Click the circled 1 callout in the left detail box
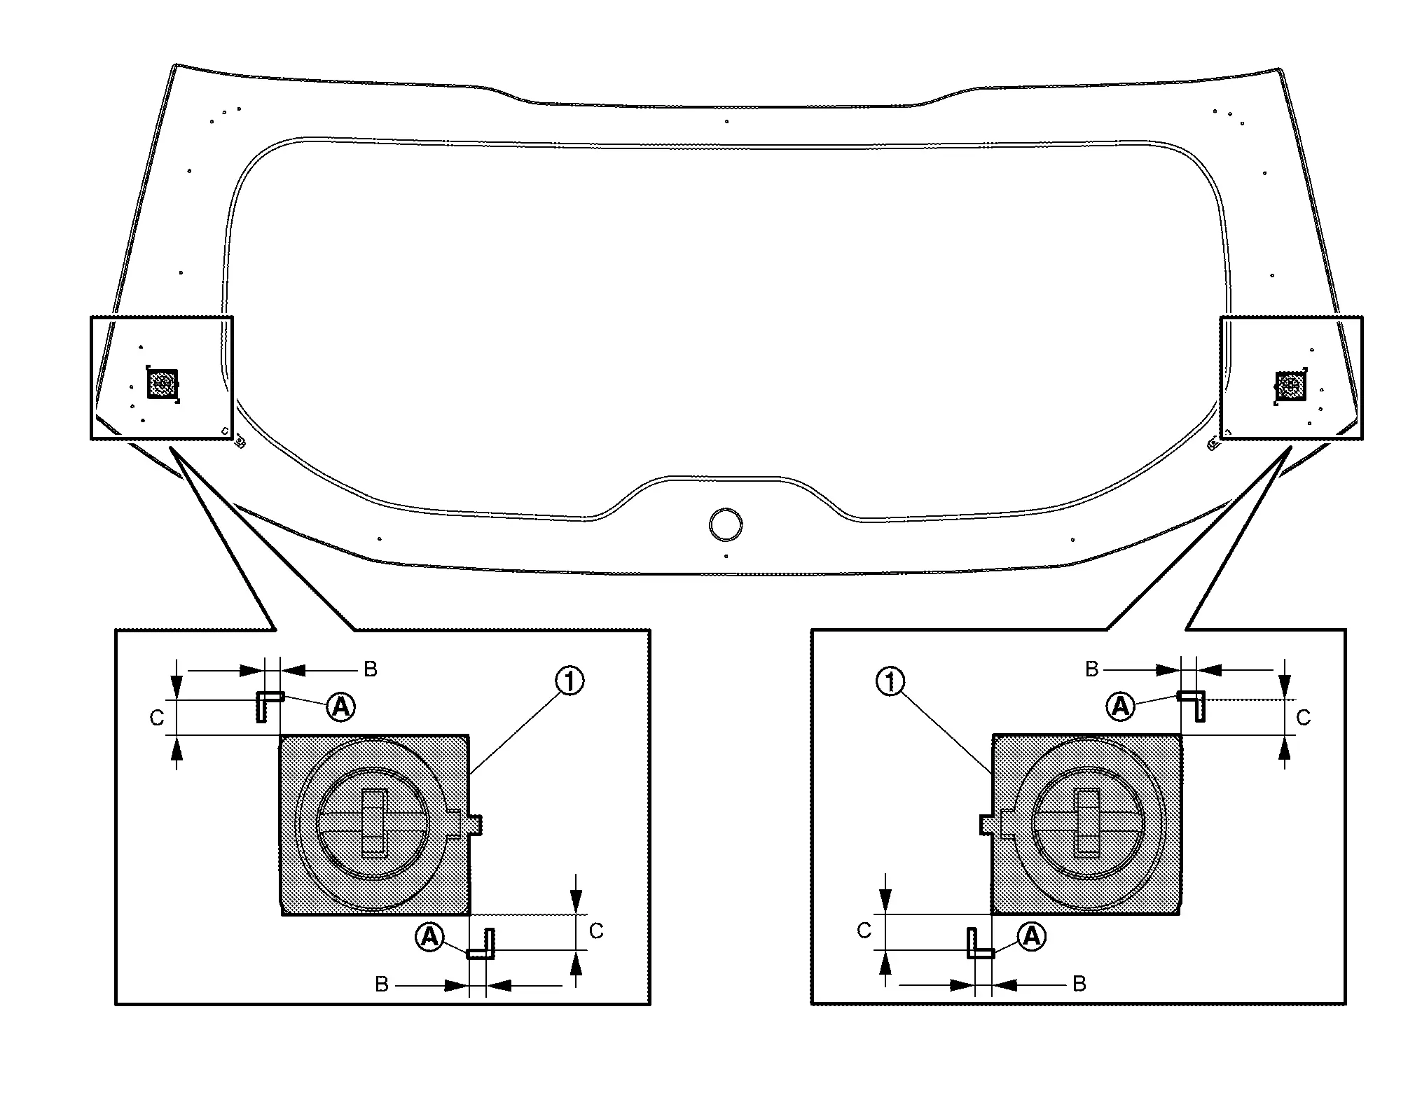click(x=569, y=681)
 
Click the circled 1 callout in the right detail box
click(x=890, y=681)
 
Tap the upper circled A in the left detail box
click(x=341, y=707)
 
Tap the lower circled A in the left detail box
click(x=429, y=936)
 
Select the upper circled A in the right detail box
click(x=1120, y=706)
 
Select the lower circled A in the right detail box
click(x=1031, y=936)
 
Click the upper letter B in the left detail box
click(x=371, y=669)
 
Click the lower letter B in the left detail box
click(x=382, y=984)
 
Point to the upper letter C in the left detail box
click(x=157, y=718)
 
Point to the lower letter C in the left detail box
click(x=596, y=931)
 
